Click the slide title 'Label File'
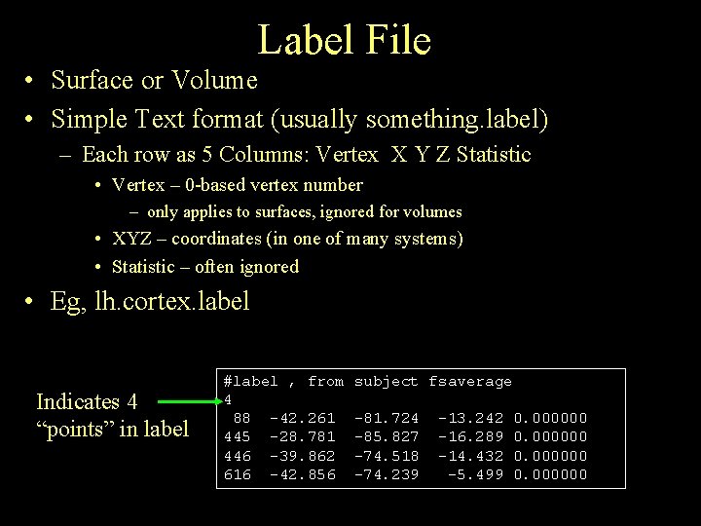pos(344,40)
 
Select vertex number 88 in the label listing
pos(240,418)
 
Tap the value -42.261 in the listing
pos(302,418)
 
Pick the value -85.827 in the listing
pos(386,436)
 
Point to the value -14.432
pos(470,456)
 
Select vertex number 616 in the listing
pos(237,474)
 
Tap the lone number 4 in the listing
pos(228,399)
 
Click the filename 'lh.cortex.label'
pos(173,302)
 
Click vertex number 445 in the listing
pos(237,436)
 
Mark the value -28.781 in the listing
pos(302,436)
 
